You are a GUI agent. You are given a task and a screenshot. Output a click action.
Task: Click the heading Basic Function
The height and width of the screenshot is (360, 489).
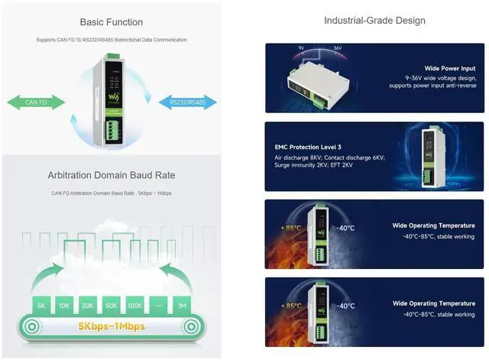112,22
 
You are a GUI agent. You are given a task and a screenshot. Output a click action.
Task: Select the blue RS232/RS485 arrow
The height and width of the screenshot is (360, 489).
188,102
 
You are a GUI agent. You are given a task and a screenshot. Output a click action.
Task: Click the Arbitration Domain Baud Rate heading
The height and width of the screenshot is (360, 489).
112,177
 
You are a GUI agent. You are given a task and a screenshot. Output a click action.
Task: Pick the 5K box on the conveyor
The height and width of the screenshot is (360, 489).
41,306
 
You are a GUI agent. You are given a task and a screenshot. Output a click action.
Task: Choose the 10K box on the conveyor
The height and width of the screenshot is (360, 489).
64,306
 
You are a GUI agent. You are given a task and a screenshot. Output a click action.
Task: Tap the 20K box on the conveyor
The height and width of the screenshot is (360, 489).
88,306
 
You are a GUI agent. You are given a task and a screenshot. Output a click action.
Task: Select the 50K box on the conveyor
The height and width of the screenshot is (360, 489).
112,306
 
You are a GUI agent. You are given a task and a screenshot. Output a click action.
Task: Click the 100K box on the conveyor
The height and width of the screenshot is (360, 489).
135,306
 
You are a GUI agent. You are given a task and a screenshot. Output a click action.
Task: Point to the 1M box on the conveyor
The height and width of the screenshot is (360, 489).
182,306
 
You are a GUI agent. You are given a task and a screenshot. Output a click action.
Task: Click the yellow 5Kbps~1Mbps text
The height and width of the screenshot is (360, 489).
112,326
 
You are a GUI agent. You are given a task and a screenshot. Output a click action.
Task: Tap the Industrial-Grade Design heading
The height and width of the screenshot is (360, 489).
374,21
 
